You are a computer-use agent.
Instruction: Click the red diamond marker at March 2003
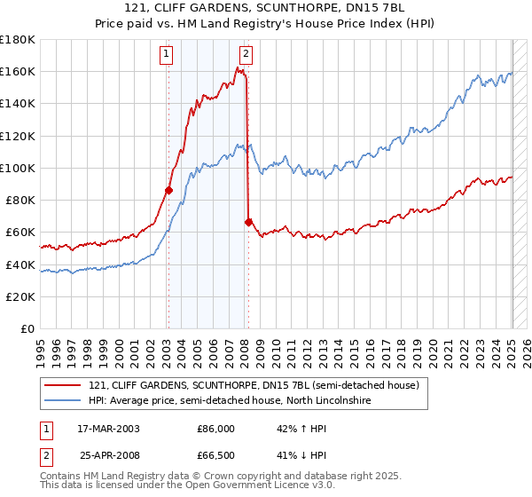pos(168,190)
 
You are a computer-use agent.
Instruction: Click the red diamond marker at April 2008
pos(249,222)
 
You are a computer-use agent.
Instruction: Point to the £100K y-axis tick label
pos(18,168)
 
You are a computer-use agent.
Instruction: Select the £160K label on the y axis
pos(18,71)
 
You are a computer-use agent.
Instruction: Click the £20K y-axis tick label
pos(21,296)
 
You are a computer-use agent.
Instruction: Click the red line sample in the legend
pos(62,385)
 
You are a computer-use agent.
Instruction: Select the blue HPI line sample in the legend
pos(62,401)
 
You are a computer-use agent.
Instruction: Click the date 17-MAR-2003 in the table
pos(108,429)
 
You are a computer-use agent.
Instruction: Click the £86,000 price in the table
pos(215,429)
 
